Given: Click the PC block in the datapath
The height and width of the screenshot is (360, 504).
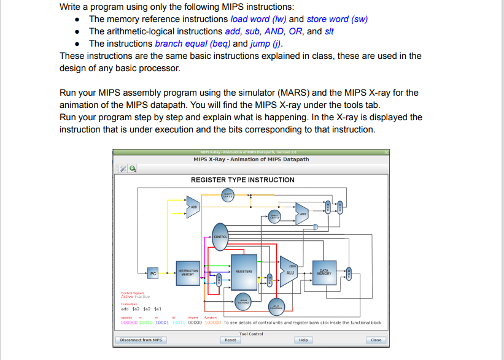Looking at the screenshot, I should pos(153,273).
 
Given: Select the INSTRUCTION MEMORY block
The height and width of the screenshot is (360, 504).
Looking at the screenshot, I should pos(188,272).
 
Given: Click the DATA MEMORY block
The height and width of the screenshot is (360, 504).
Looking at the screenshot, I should pos(325,272).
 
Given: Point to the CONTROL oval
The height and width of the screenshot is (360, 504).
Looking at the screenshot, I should pos(221,237).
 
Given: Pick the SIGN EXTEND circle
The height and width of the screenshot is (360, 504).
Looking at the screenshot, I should pos(243,301).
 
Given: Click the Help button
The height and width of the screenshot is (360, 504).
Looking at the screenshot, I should pos(303,340).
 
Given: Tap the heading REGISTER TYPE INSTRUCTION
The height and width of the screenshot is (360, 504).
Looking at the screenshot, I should pos(242,180).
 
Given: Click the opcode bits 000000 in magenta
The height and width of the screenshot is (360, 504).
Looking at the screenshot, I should pos(130,322).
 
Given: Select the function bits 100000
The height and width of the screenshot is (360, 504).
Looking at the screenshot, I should pos(212,322).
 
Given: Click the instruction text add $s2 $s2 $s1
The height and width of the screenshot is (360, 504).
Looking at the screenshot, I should pos(141,309).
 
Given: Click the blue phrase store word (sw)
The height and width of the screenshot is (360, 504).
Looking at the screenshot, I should pos(337,19).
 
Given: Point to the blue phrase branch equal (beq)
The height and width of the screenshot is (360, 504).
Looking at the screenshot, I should pos(193,44).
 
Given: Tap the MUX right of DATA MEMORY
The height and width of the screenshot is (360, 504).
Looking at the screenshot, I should pos(349,273).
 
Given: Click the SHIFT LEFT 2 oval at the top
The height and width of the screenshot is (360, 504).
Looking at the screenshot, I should pos(228,196).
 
